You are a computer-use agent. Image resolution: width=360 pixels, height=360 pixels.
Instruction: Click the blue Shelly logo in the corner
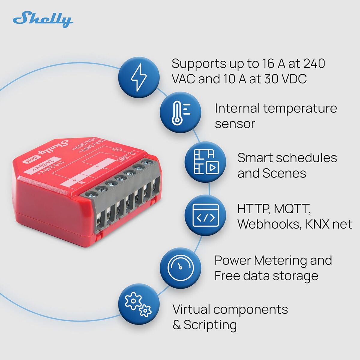pos(43,20)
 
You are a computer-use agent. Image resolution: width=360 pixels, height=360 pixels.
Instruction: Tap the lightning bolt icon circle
pos(139,77)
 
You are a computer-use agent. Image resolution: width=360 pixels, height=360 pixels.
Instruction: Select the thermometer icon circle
pos(180,112)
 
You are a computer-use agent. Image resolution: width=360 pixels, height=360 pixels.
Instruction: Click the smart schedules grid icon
pos(205,162)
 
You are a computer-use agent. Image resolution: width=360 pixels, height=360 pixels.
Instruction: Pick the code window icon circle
pos(205,215)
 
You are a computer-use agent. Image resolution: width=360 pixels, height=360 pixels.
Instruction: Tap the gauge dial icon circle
pos(180,268)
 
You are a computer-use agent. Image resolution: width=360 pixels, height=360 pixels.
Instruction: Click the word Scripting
pos(210,325)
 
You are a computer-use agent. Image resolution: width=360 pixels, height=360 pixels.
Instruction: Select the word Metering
pos(280,260)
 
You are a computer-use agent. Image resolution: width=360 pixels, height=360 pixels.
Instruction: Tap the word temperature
pos(300,108)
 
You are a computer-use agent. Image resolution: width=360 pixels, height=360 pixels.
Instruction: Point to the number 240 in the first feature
pos(314,64)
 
